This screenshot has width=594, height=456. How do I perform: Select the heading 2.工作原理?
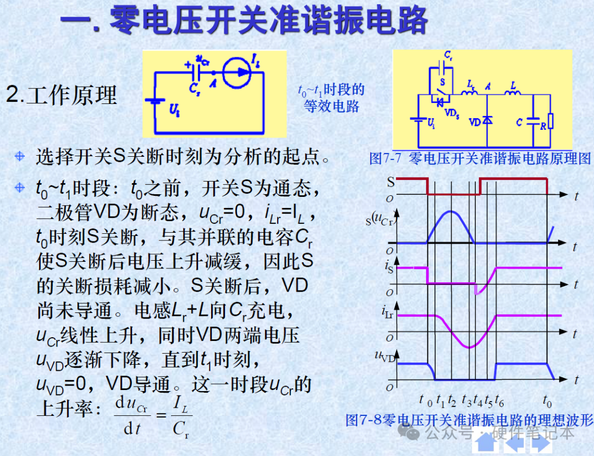pos(62,95)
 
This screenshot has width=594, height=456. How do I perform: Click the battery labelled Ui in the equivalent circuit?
pos(155,101)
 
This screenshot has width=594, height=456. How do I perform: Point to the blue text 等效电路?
pos(332,106)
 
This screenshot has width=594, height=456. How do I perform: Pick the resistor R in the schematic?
pos(551,121)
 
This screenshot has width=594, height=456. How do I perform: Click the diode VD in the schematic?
pos(487,120)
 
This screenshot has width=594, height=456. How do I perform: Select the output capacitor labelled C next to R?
pos(533,120)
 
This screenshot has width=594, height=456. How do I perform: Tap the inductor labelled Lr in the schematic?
pos(469,92)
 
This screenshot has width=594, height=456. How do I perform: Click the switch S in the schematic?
pos(440,91)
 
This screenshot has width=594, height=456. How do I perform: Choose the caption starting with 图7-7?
pos(480,158)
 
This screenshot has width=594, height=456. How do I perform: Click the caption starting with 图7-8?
pos(469,420)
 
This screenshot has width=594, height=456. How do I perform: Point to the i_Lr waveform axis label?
pos(387,312)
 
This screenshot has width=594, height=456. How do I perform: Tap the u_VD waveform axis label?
pos(384,356)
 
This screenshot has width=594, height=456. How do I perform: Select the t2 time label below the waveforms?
pos(452,400)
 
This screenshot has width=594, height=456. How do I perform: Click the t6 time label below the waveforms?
pos(499,400)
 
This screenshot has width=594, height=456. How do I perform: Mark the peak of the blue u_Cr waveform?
pos(451,211)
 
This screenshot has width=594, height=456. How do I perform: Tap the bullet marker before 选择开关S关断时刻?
pos(20,156)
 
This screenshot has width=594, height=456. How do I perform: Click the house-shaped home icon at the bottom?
pos(486,442)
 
